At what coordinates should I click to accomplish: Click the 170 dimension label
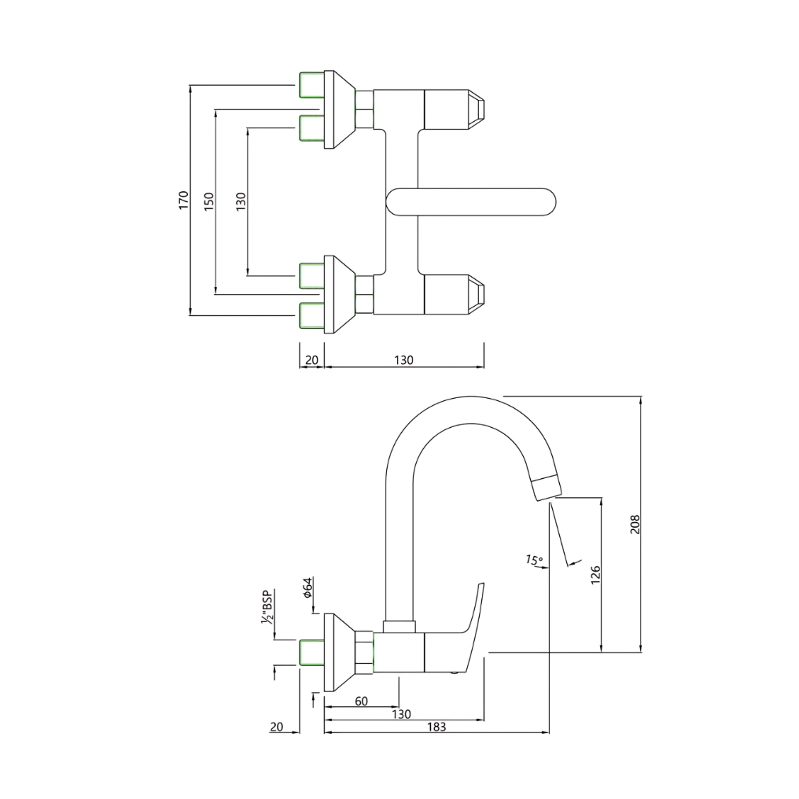(x=183, y=200)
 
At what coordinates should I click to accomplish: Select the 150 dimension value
(x=208, y=201)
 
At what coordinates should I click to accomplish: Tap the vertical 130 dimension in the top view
(x=241, y=201)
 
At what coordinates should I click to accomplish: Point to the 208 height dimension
(x=635, y=525)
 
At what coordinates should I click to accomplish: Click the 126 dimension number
(x=595, y=575)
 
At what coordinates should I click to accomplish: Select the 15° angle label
(x=534, y=561)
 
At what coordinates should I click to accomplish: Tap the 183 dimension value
(x=436, y=727)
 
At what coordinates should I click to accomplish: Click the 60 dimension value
(x=361, y=701)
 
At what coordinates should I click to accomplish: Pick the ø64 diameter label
(x=309, y=587)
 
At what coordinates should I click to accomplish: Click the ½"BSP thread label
(x=268, y=607)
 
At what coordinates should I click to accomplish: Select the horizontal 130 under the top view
(x=403, y=360)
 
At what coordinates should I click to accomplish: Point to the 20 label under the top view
(x=311, y=360)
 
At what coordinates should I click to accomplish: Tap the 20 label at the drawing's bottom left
(x=276, y=727)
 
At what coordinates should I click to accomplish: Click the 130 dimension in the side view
(x=401, y=714)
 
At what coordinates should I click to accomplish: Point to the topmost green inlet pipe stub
(x=312, y=83)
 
